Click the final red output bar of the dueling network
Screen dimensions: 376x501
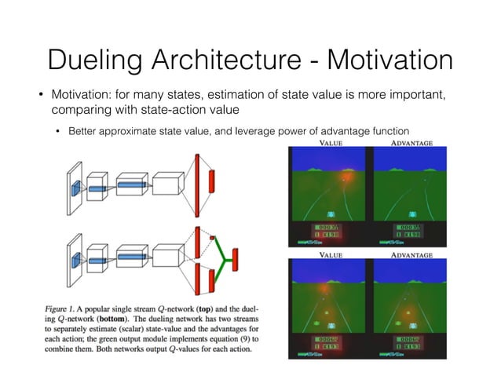(234, 256)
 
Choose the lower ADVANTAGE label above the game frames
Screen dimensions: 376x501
(412, 255)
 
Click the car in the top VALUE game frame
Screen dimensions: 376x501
(331, 212)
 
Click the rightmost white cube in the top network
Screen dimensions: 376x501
(168, 186)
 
